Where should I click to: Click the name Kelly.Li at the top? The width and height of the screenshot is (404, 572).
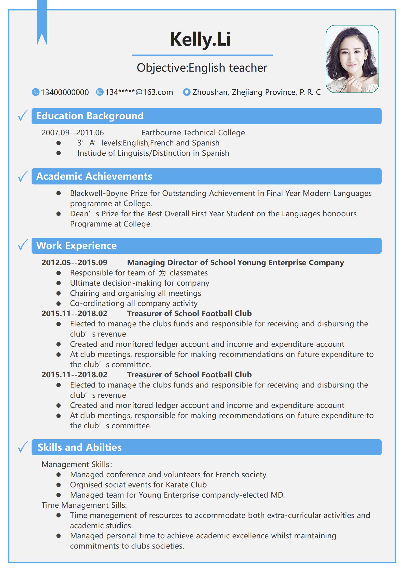pos(200,39)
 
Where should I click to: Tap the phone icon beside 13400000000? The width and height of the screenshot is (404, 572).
pos(35,92)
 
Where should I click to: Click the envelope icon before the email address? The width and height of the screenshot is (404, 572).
pos(100,92)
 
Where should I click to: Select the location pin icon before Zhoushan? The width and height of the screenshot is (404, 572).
pos(187,92)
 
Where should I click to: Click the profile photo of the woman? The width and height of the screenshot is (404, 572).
pos(352,59)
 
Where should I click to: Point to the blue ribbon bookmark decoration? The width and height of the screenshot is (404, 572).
pos(42,23)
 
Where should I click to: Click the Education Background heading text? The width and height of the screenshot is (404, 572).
pos(90,116)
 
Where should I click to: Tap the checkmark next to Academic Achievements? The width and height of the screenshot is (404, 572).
pos(23,176)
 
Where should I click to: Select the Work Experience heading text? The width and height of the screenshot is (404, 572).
pos(76,246)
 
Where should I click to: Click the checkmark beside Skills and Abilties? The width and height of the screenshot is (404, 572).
pos(23,447)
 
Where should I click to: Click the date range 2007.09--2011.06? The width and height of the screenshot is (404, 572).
pos(73,133)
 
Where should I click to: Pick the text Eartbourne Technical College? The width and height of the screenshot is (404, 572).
pos(193,133)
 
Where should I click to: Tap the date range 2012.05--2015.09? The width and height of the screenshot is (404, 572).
pos(74,263)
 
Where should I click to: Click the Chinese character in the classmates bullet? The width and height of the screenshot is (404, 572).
pos(162,273)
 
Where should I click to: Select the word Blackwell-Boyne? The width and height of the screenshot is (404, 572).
pos(99,193)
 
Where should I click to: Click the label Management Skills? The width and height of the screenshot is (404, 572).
pos(76,464)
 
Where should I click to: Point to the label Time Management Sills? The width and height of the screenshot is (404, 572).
pos(84,505)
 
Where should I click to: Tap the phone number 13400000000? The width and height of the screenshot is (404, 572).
pos(65,92)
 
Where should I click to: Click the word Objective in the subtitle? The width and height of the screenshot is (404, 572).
pos(162,68)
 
